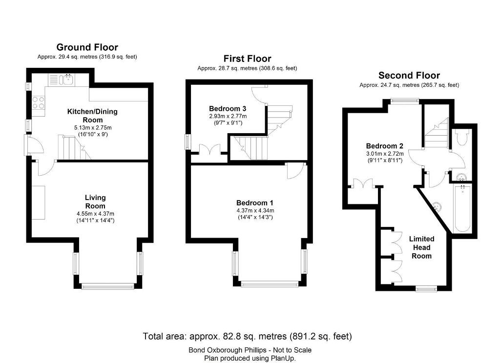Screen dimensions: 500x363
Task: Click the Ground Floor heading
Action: (x=87, y=47)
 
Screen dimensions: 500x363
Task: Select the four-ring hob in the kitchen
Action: (x=38, y=102)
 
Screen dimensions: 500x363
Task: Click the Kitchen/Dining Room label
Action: (x=92, y=116)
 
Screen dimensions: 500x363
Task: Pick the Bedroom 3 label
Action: (x=228, y=109)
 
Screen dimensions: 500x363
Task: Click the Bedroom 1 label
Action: (x=255, y=203)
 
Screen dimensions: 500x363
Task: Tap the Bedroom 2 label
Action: (x=385, y=146)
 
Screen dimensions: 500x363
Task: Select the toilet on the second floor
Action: (x=461, y=137)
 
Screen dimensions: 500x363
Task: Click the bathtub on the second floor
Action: (x=462, y=209)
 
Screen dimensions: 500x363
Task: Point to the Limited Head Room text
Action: (x=421, y=247)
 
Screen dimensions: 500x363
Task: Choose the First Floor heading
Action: (x=247, y=59)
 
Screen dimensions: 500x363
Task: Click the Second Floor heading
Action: (x=409, y=76)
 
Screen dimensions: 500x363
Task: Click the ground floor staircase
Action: (x=74, y=147)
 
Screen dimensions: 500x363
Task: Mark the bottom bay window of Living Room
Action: (x=108, y=286)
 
